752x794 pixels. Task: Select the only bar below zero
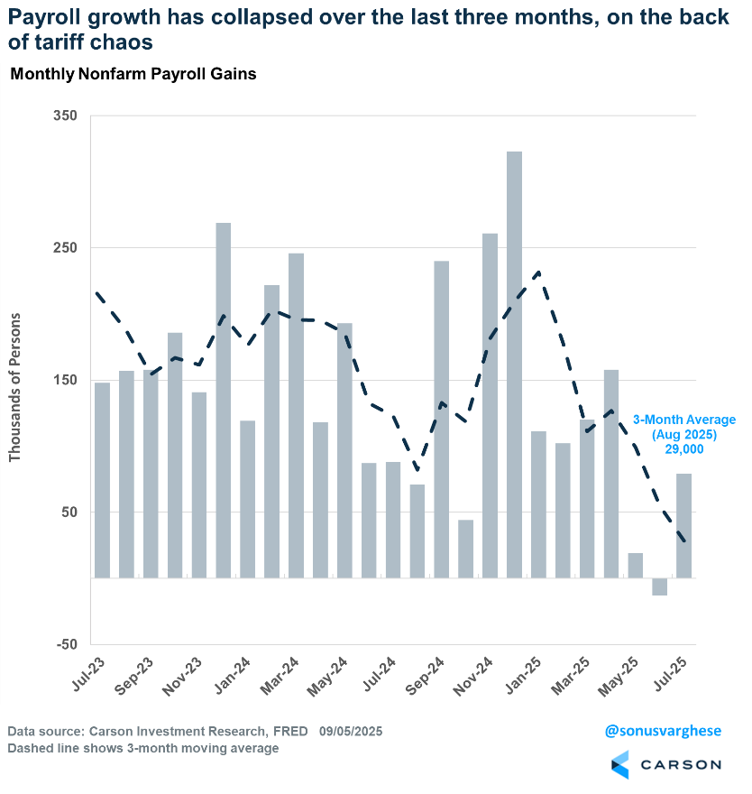[x=659, y=586]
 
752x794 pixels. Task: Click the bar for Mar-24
[x=296, y=415]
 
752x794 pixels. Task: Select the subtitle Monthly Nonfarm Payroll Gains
[x=133, y=75]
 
